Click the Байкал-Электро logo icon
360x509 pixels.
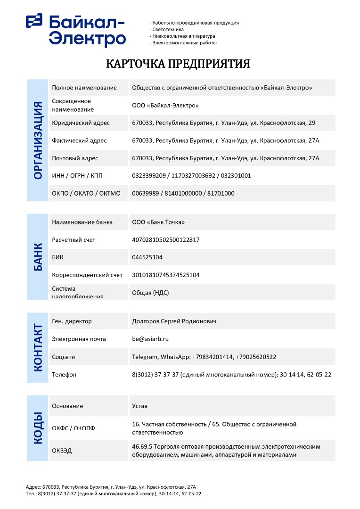point(34,21)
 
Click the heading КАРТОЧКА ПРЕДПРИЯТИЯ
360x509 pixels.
point(178,64)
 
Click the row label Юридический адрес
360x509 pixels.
point(81,123)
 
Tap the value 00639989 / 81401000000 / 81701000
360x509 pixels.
point(183,193)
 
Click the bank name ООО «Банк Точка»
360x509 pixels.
point(158,222)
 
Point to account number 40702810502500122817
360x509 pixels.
point(166,240)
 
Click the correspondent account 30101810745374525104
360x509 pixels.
point(166,275)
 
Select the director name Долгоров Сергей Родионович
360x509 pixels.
point(174,321)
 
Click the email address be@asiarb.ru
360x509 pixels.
point(150,339)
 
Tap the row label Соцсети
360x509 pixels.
point(64,357)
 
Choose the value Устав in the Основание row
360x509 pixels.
point(140,406)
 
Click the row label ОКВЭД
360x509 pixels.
point(62,451)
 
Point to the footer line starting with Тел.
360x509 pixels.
point(114,493)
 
